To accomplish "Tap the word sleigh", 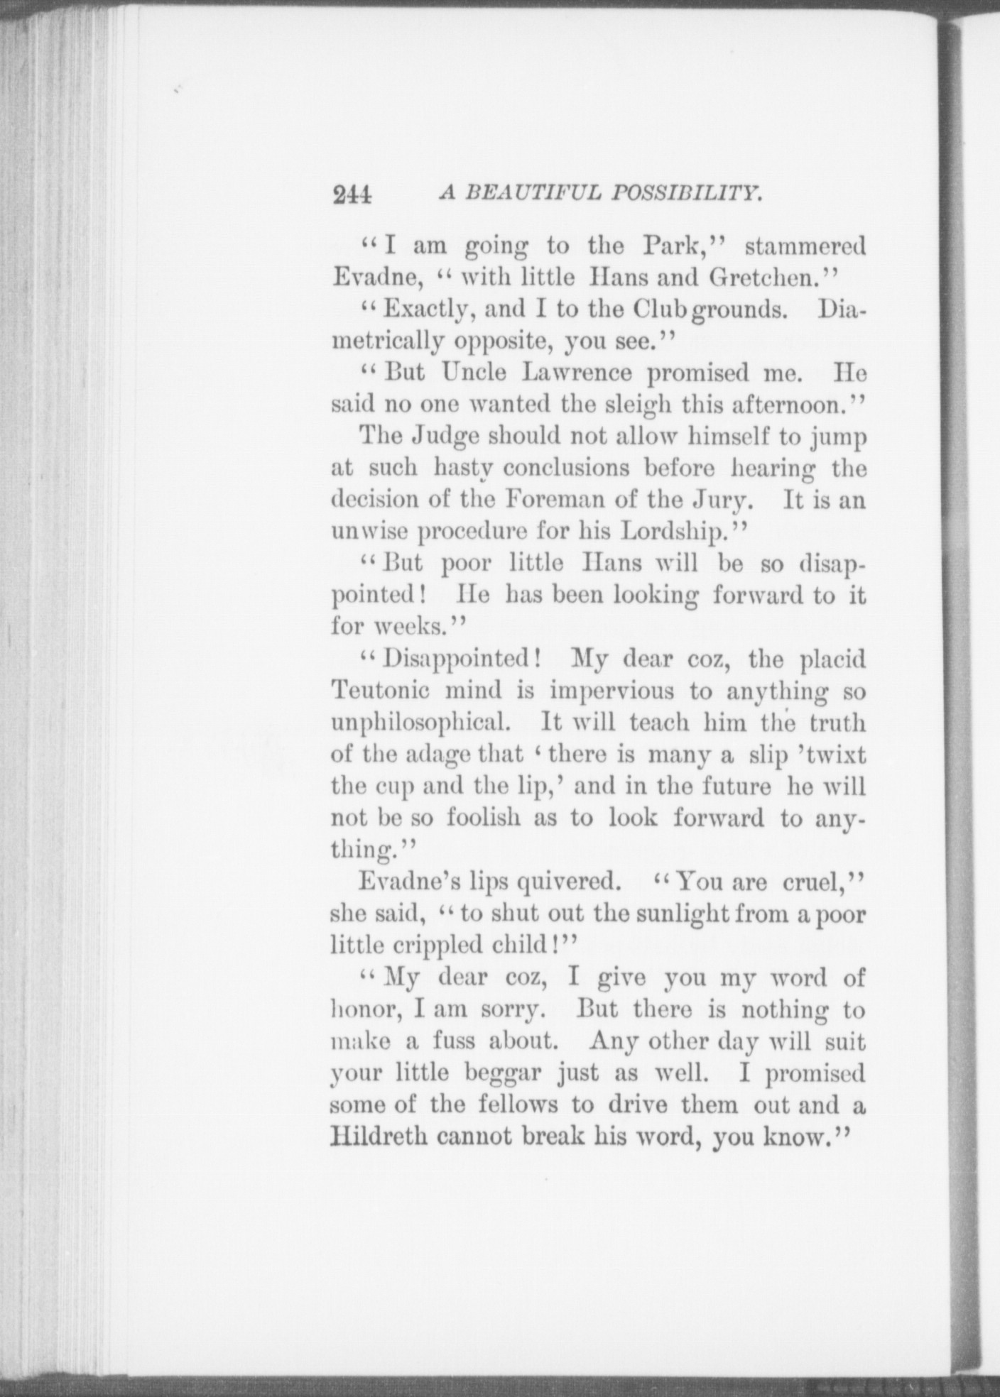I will [637, 405].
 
